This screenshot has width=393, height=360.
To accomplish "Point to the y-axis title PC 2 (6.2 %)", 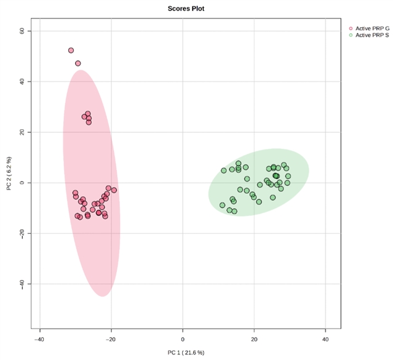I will (x=9, y=174).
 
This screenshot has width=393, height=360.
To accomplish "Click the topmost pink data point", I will (x=71, y=50).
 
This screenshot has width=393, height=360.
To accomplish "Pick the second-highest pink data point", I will (x=78, y=63).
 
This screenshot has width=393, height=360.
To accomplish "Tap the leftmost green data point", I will (x=223, y=205).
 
